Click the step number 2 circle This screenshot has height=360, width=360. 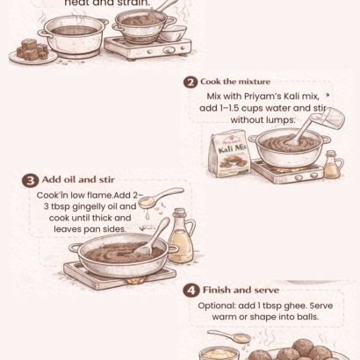click(191, 82)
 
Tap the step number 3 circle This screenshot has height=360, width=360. click(29, 181)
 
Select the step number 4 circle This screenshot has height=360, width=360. click(191, 291)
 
